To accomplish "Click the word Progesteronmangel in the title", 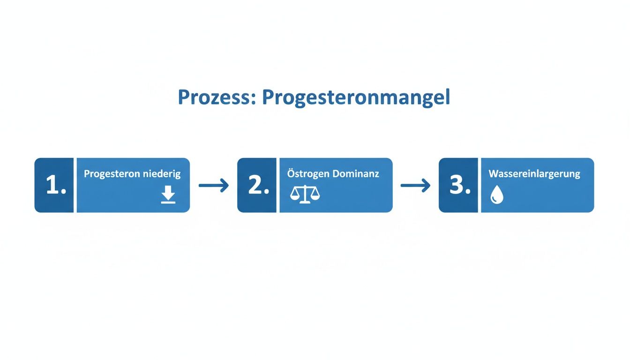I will tap(356, 97).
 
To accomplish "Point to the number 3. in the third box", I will tap(460, 186).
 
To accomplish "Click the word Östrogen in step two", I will tap(307, 174).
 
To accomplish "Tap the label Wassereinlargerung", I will tap(534, 174).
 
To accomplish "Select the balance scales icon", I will tap(305, 194).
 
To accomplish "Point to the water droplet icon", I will tap(496, 195).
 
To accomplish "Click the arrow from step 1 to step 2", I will tap(214, 186).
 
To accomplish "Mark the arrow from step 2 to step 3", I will tap(415, 186).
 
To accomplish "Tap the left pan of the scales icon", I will tap(295, 196).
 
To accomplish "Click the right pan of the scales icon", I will tap(315, 196).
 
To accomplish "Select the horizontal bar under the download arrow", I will tap(168, 202).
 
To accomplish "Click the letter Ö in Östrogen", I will tap(291, 173).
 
